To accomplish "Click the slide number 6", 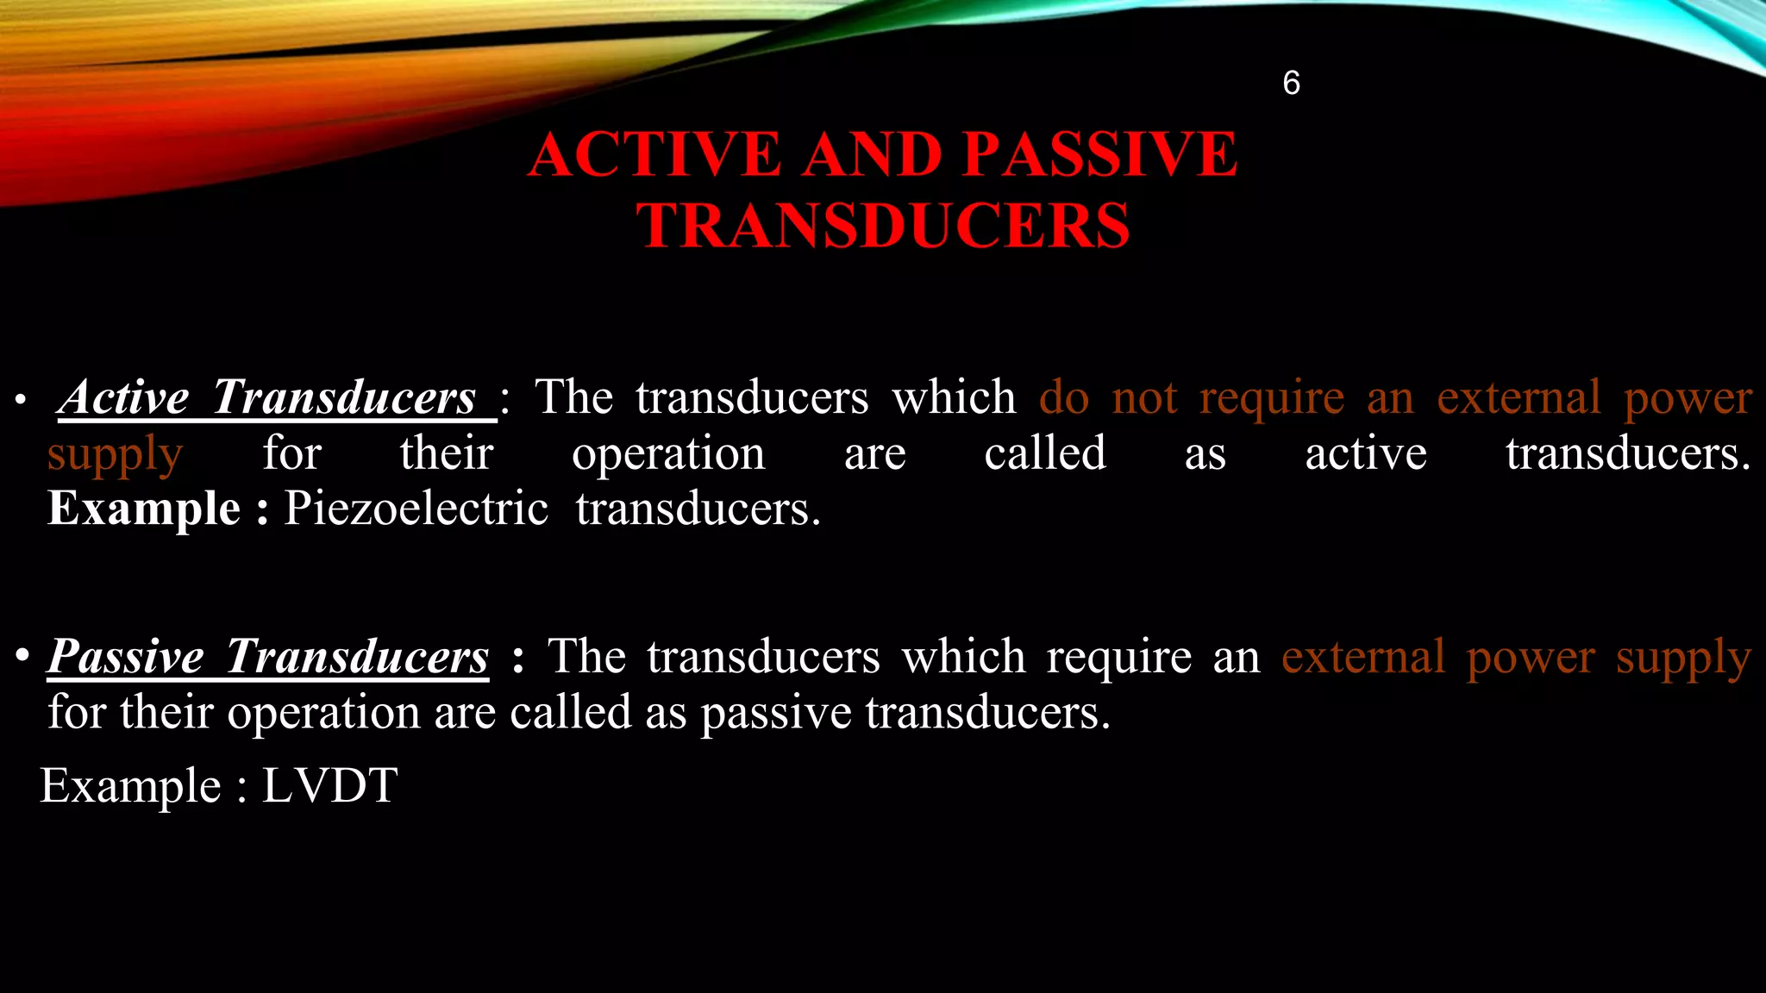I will (1291, 83).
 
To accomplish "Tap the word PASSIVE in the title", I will (1099, 155).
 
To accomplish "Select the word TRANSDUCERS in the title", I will (883, 226).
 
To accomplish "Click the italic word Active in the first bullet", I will (124, 397).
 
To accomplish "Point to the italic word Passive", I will (126, 657).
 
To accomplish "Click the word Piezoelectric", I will (416, 509).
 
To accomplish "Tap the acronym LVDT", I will (329, 785).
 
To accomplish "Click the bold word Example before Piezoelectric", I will (144, 509).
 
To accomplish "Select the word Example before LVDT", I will (131, 785).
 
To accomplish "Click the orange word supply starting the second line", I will (115, 454).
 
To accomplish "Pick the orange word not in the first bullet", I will (1144, 398).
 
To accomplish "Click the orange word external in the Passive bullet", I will (1362, 658).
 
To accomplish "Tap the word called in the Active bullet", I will (1045, 454).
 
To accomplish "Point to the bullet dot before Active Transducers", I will (21, 401).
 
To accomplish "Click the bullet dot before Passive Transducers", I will (22, 657).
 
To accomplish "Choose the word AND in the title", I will (873, 155).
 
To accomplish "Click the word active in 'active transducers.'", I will (1366, 454).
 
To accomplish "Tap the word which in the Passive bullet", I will (964, 658).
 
